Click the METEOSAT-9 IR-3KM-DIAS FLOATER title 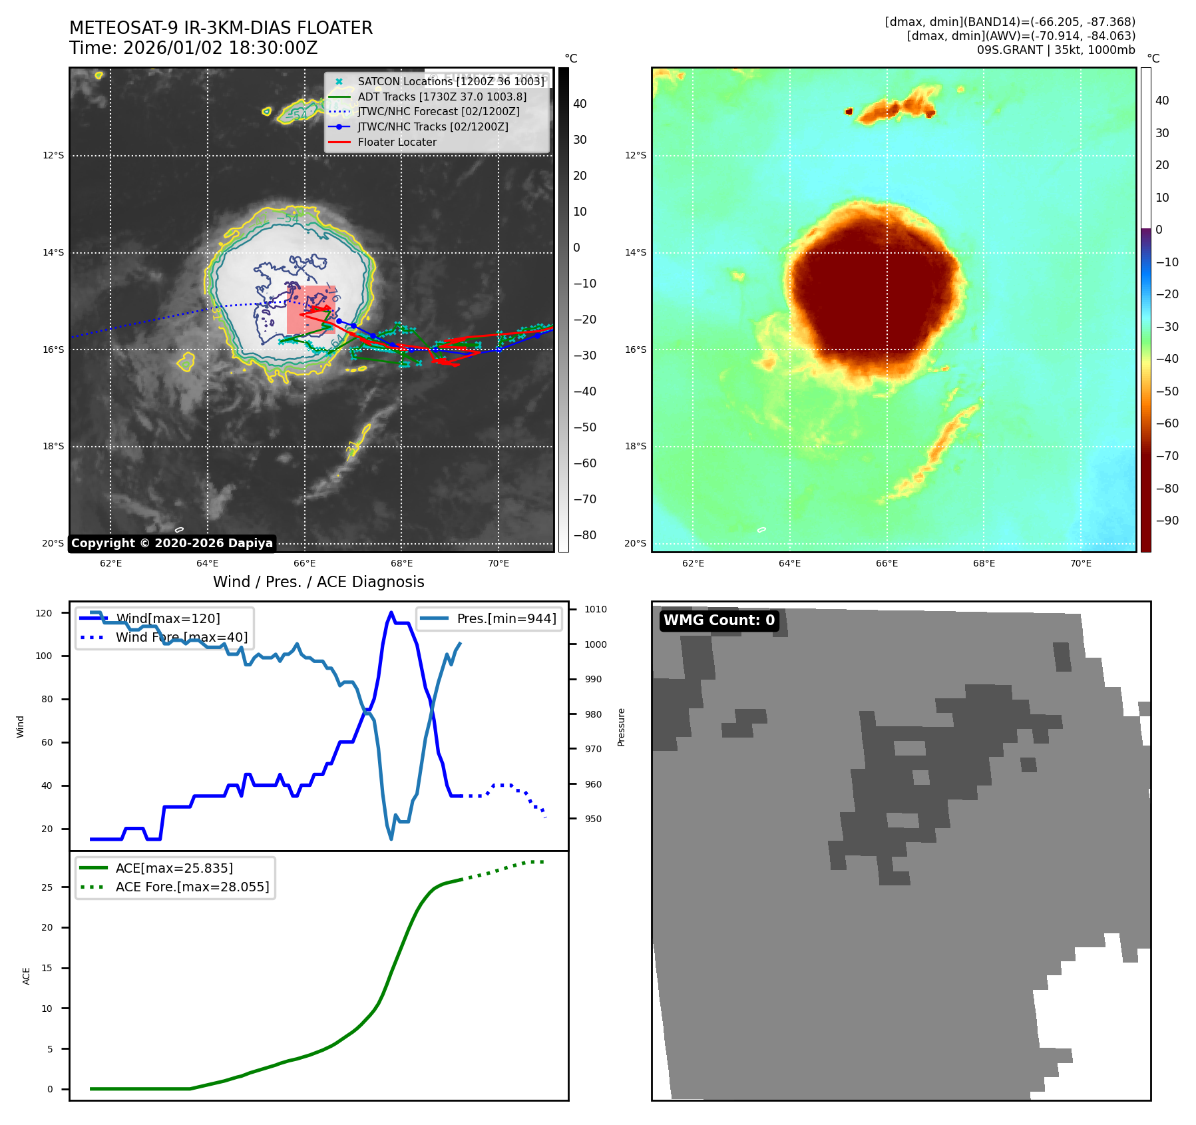(221, 28)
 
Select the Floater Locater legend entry (397, 142)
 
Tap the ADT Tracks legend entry (442, 97)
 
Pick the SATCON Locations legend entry (451, 81)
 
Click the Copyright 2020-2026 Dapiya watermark (172, 543)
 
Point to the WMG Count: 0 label (719, 620)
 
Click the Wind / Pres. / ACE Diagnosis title (318, 582)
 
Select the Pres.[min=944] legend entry (506, 618)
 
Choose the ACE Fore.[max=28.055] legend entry (192, 887)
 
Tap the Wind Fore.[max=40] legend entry (181, 637)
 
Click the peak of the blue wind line (391, 613)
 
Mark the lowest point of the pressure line (391, 839)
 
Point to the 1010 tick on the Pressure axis (596, 609)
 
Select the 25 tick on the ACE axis (47, 887)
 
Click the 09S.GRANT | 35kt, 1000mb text (1056, 50)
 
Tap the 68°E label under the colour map (984, 563)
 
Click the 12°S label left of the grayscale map (53, 156)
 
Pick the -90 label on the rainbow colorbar (1167, 521)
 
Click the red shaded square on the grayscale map (310, 310)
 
